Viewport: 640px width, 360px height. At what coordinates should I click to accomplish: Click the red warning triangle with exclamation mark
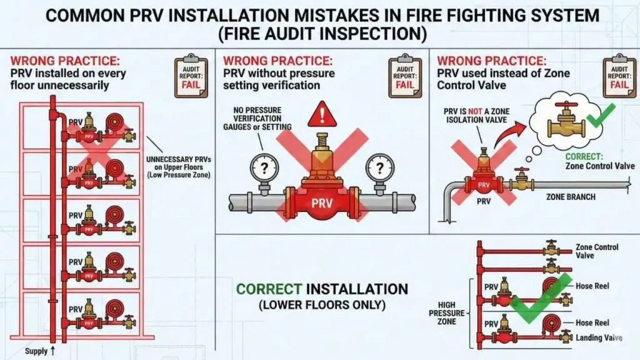click(x=322, y=115)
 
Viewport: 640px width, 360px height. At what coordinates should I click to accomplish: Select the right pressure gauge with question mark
click(x=379, y=167)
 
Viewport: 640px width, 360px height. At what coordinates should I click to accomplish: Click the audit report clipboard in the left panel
click(x=191, y=77)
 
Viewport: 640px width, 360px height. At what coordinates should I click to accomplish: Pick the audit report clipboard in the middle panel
click(x=405, y=77)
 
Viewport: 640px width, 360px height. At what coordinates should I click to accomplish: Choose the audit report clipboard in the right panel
click(x=619, y=77)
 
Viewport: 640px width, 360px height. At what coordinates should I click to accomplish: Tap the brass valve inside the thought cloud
click(x=566, y=121)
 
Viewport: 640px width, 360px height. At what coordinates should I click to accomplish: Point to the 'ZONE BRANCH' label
click(x=571, y=197)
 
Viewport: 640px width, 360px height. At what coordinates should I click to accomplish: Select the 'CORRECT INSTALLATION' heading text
click(x=322, y=289)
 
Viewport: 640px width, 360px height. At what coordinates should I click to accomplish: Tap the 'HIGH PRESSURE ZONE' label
click(x=451, y=312)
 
